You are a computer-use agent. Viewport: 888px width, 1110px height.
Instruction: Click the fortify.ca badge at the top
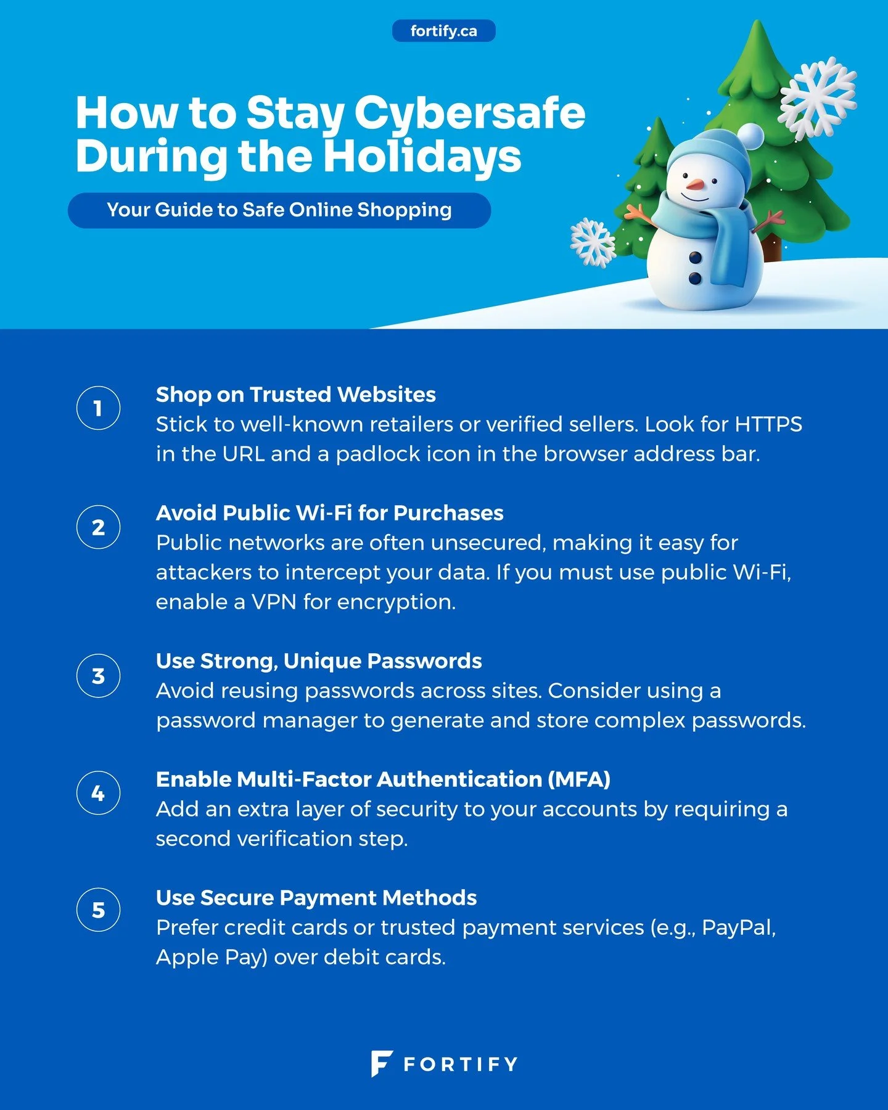point(443,31)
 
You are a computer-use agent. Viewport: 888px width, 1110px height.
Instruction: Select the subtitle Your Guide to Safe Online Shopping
point(279,210)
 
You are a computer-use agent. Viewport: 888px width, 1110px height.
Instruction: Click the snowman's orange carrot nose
point(694,184)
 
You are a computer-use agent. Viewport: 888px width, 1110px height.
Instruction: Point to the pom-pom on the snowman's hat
point(750,135)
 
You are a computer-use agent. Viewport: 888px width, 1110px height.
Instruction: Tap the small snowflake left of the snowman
point(592,242)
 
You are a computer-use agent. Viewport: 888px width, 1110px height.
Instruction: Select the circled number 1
point(98,408)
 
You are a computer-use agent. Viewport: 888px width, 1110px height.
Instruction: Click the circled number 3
point(98,676)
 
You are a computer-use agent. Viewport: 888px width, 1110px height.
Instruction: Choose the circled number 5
point(98,910)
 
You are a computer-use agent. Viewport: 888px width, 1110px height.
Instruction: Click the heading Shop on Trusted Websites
point(295,395)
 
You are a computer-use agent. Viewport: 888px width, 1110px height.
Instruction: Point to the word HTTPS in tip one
point(768,424)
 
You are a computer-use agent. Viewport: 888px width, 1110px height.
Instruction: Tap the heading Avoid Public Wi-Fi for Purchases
point(329,513)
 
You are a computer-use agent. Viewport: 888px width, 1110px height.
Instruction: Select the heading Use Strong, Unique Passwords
point(319,661)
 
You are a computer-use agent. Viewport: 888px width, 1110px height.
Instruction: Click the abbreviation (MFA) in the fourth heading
point(578,779)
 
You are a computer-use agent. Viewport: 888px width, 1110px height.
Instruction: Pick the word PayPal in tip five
point(738,927)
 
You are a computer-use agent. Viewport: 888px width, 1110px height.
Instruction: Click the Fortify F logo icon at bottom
point(381,1063)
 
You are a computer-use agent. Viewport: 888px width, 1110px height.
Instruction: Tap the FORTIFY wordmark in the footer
point(460,1064)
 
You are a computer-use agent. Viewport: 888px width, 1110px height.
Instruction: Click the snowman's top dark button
point(695,257)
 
